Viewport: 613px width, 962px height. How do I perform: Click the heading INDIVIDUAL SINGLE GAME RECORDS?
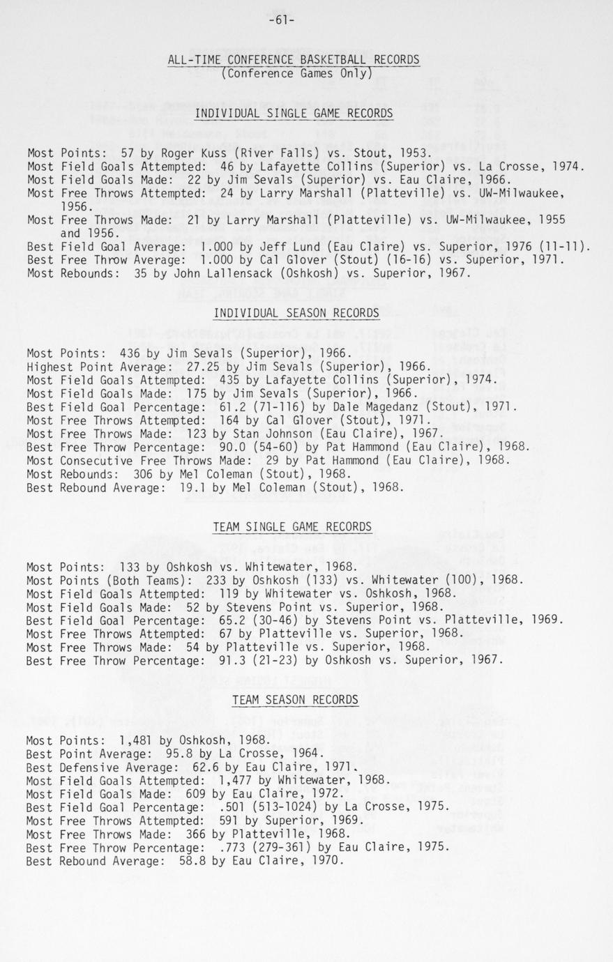pos(294,114)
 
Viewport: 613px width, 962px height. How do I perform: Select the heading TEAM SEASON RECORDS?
pos(295,699)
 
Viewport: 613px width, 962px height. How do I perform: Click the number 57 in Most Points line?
pos(127,153)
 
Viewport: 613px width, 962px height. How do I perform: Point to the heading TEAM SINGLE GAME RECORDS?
pos(292,527)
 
